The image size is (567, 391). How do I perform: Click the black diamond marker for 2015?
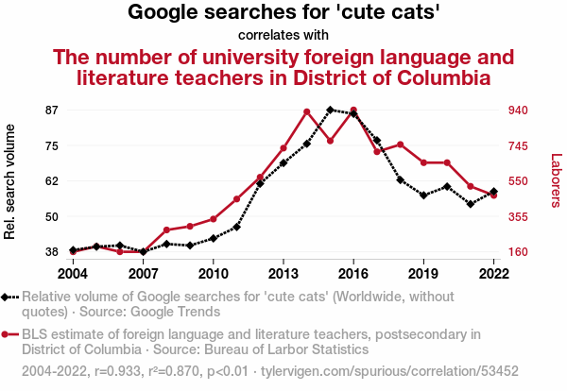click(330, 110)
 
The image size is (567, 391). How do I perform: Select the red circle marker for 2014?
click(307, 111)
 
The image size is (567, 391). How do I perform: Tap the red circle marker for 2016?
click(353, 110)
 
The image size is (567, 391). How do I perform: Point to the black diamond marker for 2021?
click(471, 204)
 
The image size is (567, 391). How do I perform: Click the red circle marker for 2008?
click(166, 229)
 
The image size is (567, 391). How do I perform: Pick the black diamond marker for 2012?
click(260, 183)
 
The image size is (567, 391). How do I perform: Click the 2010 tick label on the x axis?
click(214, 274)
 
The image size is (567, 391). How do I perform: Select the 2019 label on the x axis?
click(423, 274)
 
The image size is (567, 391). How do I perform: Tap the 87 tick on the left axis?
click(51, 110)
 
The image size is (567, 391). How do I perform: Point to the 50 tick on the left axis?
click(51, 216)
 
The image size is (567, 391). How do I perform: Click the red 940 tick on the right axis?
click(518, 110)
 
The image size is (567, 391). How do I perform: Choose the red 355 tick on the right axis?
click(518, 216)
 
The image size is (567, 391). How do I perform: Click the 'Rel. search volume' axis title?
click(9, 181)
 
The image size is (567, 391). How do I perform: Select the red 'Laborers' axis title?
click(556, 180)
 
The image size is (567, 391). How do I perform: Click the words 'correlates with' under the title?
click(283, 35)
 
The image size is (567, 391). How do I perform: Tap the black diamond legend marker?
click(5, 297)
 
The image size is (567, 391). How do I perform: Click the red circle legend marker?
click(5, 334)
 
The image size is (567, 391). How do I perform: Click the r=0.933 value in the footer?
click(117, 371)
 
